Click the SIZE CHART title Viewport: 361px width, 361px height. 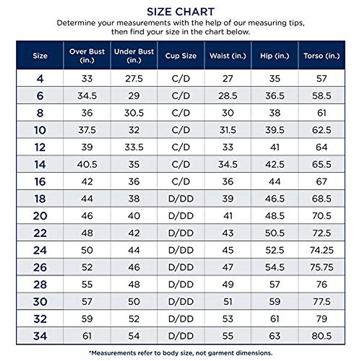point(180,12)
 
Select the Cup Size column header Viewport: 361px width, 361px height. point(180,56)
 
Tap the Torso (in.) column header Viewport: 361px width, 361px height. point(322,56)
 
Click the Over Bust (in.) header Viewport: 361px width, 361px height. point(87,56)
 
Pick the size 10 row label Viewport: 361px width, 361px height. point(40,130)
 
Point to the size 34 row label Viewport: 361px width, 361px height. point(40,336)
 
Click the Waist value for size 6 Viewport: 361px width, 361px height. point(228,96)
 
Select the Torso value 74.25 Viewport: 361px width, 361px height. point(322,250)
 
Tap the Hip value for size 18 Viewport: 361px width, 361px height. point(275,199)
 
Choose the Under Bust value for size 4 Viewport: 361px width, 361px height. point(134,79)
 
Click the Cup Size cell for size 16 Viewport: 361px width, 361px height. point(181,181)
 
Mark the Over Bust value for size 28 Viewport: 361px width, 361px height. point(87,284)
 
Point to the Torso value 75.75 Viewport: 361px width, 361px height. point(322,267)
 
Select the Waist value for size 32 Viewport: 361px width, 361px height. point(228,319)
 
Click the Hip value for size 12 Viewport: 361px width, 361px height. point(275,147)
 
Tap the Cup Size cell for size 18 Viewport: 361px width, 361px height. point(181,199)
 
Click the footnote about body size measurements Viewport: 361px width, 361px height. point(180,353)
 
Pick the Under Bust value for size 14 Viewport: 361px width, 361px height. point(134,164)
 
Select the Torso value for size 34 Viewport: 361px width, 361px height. point(322,336)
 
